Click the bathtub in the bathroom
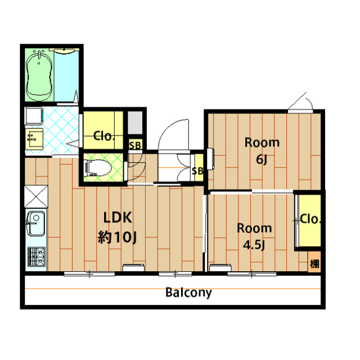click(39, 76)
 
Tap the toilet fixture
click(98, 168)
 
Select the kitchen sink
click(36, 224)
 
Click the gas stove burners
click(37, 256)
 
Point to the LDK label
click(118, 218)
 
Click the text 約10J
click(118, 237)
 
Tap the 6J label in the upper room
click(262, 159)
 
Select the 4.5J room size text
click(254, 245)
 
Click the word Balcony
click(188, 292)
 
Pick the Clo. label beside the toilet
click(103, 136)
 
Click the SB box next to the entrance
click(197, 168)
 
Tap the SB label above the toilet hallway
click(135, 145)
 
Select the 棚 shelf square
click(314, 262)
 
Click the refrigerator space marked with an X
click(36, 197)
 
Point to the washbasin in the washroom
click(34, 139)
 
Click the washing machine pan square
click(34, 116)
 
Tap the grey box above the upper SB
click(135, 123)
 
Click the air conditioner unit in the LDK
click(133, 268)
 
